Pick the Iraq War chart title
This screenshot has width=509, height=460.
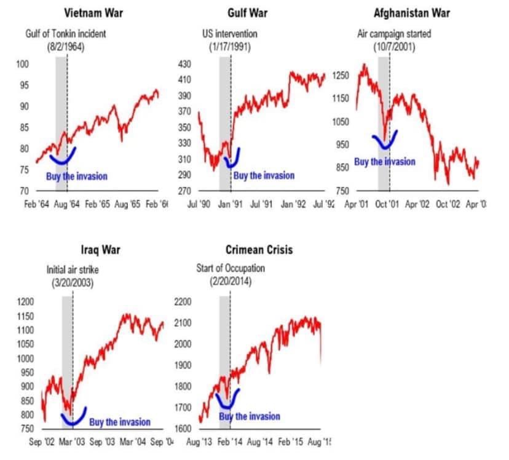pyautogui.click(x=100, y=250)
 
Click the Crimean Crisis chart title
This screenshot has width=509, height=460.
pyautogui.click(x=259, y=250)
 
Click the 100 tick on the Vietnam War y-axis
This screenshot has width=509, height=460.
pyautogui.click(x=23, y=64)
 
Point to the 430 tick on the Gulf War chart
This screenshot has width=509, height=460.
pyautogui.click(x=184, y=64)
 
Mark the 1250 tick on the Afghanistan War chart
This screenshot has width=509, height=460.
pyautogui.click(x=341, y=76)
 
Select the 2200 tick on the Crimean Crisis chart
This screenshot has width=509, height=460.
pyautogui.click(x=184, y=301)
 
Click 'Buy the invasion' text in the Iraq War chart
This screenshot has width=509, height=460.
pyautogui.click(x=120, y=422)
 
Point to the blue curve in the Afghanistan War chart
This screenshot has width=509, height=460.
pyautogui.click(x=385, y=143)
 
